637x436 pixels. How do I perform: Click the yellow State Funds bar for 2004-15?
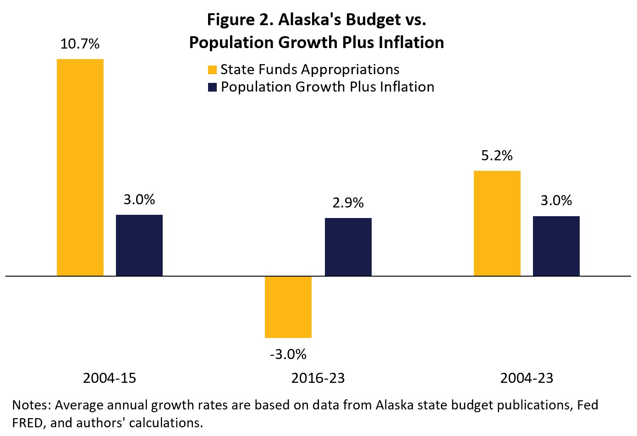coord(80,167)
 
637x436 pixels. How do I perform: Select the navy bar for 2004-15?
coord(139,245)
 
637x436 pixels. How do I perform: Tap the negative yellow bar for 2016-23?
coord(288,307)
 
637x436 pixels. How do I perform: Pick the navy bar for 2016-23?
coord(348,247)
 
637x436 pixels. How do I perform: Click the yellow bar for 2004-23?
coord(497,223)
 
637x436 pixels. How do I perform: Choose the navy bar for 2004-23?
coord(556,246)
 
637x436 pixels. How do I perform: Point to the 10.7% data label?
coord(80,44)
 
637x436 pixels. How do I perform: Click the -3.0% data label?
coord(288,354)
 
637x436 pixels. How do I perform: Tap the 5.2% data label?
coord(497,156)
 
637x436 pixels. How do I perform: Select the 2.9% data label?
coord(348,202)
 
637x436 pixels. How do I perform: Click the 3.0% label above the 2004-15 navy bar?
coord(139,199)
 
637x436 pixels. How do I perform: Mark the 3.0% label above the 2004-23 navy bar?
coord(556,201)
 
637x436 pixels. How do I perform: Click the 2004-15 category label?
coord(110,378)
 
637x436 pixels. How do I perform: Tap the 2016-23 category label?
coord(318,378)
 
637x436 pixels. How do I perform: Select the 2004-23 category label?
coord(527,378)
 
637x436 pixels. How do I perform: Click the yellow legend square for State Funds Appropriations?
coord(212,70)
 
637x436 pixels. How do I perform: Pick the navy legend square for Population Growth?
coord(212,87)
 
